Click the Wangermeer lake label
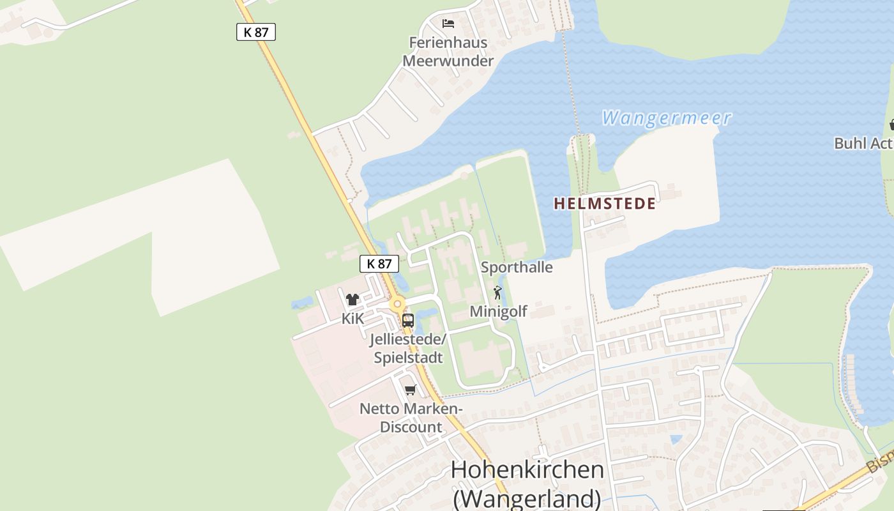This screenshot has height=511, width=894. coord(666,118)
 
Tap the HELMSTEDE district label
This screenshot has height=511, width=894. coord(604,204)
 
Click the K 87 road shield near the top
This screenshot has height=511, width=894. coord(256,32)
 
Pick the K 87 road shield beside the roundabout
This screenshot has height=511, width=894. coord(379,264)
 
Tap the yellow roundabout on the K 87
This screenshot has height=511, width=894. coord(398,305)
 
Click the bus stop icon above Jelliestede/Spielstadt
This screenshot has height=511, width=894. coord(407,320)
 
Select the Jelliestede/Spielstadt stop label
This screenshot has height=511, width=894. coord(408,349)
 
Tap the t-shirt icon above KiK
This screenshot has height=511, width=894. coord(352,299)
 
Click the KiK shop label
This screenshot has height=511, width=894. coord(352,318)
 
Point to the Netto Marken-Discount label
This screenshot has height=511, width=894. coord(411,418)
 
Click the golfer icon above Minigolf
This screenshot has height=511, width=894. coord(498,293)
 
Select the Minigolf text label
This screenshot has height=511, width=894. coord(499,311)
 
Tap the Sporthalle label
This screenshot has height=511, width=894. coord(517,267)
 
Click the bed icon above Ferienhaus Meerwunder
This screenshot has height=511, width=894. coord(448,24)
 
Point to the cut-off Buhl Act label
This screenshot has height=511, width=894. coord(863,143)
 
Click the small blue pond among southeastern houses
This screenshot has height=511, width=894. coord(676,439)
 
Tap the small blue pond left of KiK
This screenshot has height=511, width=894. coord(302,301)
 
